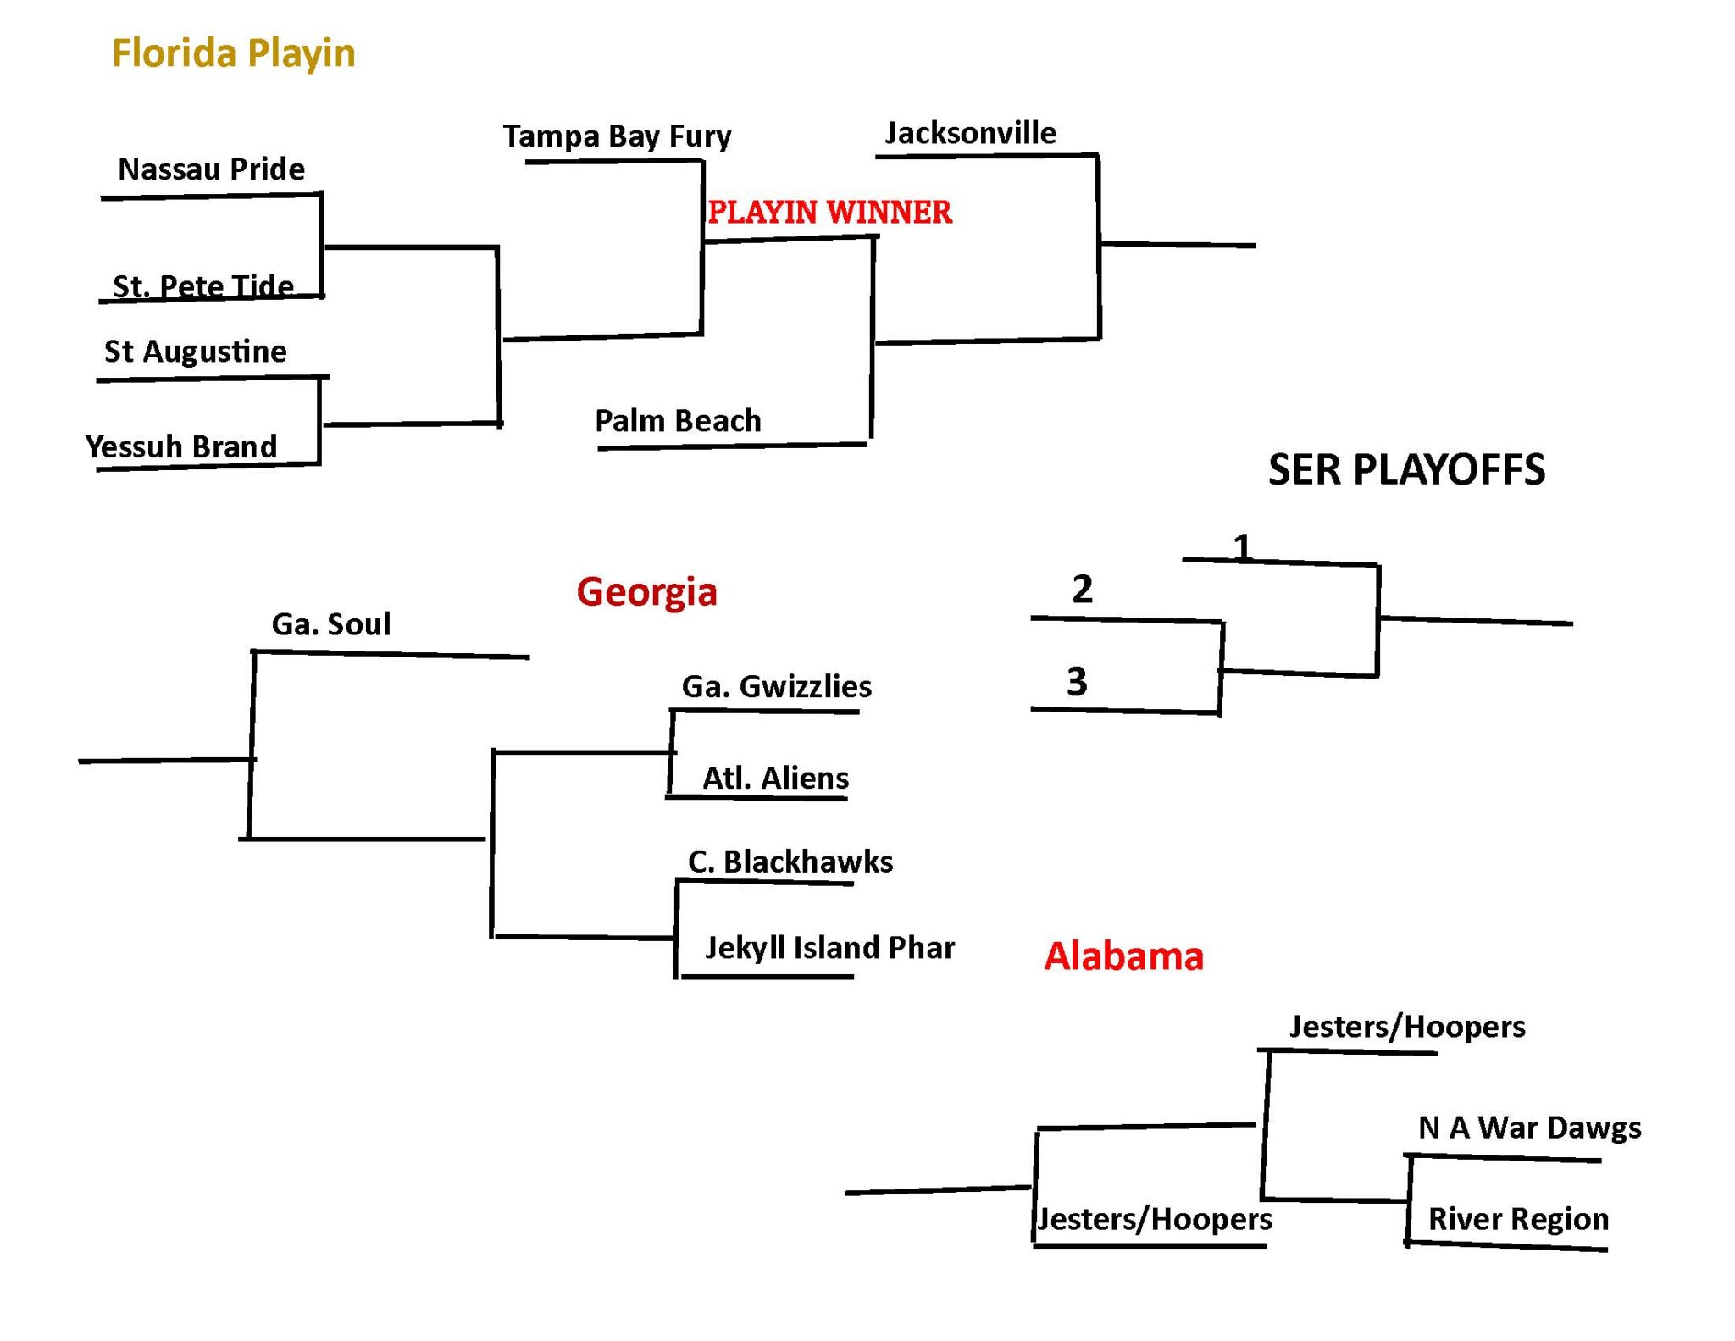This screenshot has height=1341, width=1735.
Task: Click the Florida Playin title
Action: pos(234,53)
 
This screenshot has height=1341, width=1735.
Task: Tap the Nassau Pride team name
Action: pos(212,169)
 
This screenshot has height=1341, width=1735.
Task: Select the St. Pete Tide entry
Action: pos(203,285)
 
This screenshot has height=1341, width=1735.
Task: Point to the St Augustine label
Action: pos(196,352)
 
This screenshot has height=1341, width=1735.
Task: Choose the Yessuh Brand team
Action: pos(181,446)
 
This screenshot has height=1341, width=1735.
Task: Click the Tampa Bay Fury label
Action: pos(618,136)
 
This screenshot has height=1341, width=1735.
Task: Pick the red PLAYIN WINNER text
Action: pos(830,212)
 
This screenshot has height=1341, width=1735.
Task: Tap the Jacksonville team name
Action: pos(971,133)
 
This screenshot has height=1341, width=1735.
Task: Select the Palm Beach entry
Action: pos(678,421)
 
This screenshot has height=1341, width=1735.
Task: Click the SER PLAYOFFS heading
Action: pos(1407,470)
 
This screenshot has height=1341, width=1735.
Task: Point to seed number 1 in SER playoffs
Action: pos(1242,548)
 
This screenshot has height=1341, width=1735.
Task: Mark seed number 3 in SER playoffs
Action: pos(1077,681)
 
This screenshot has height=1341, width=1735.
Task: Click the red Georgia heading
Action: pos(647,592)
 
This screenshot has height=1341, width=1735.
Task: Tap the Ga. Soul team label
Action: pos(331,624)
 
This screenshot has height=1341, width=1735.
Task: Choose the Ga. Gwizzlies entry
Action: pos(777,686)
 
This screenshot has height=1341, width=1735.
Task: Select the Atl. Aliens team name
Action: pos(776,778)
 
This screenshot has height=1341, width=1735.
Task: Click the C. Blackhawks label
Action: pos(790,862)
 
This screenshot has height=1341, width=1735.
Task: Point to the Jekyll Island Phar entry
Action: pos(830,947)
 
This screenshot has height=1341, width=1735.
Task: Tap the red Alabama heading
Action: pos(1124,956)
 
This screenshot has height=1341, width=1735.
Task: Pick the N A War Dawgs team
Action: pos(1530,1128)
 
